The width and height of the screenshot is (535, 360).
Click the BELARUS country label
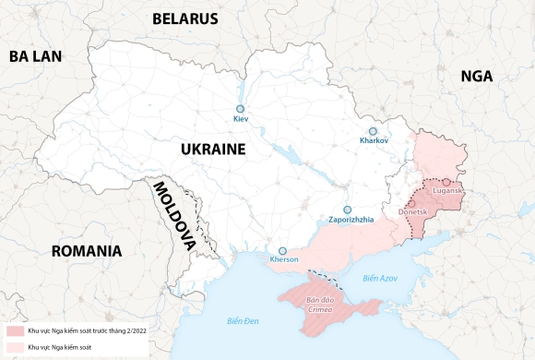point(184,18)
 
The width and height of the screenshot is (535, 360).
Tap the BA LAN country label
point(35,56)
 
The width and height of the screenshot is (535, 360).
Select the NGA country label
point(477,78)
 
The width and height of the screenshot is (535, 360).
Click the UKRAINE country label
point(212,149)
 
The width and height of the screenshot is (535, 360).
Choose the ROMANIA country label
point(87,251)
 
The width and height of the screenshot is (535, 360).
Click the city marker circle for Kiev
point(241,107)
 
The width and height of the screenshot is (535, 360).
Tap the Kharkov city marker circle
point(374,131)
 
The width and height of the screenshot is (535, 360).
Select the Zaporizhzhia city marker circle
point(348,210)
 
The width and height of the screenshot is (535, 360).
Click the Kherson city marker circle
point(284,250)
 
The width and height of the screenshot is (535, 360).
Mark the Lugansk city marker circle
point(446,182)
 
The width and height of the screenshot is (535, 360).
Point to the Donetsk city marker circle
point(412,202)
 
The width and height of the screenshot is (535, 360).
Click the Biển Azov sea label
point(379,278)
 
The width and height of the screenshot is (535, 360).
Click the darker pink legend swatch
point(15,330)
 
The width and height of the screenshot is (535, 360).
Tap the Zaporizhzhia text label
point(351,220)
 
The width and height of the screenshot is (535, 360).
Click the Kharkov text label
point(374,141)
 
